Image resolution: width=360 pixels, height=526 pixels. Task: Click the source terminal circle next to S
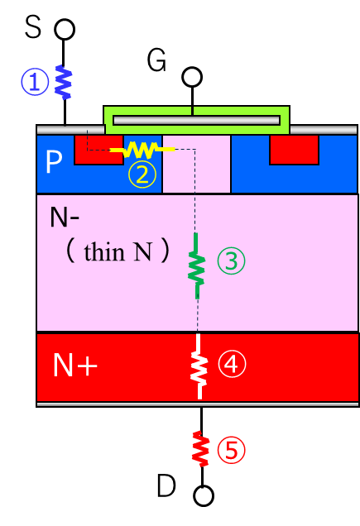pyautogui.click(x=65, y=29)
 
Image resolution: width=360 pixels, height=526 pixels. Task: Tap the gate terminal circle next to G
pyautogui.click(x=192, y=77)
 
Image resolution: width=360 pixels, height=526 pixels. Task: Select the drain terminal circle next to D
pyautogui.click(x=204, y=495)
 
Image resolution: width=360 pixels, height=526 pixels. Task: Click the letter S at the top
pyautogui.click(x=33, y=26)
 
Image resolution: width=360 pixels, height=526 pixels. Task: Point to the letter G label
pyautogui.click(x=156, y=60)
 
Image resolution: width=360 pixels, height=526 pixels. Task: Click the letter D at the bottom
pyautogui.click(x=166, y=485)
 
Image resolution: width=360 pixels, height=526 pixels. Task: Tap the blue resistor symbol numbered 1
pyautogui.click(x=63, y=82)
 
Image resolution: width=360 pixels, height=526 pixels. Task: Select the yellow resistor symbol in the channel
pyautogui.click(x=142, y=150)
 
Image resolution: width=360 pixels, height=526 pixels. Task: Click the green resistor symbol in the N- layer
pyautogui.click(x=196, y=265)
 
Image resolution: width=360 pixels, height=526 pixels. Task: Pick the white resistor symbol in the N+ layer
pyautogui.click(x=199, y=366)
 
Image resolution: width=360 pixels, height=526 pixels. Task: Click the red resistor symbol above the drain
pyautogui.click(x=201, y=448)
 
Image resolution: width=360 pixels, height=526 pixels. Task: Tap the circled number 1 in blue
pyautogui.click(x=35, y=82)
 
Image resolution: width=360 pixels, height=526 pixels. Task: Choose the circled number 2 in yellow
pyautogui.click(x=142, y=175)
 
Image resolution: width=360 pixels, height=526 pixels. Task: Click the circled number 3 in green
pyautogui.click(x=231, y=261)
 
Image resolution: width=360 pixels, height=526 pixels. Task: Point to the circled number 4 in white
pyautogui.click(x=232, y=364)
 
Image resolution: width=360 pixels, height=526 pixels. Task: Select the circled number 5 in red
pyautogui.click(x=231, y=450)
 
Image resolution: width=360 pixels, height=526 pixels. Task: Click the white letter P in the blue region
pyautogui.click(x=54, y=162)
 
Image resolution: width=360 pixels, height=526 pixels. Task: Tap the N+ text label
pyautogui.click(x=75, y=365)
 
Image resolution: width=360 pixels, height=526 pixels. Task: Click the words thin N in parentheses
pyautogui.click(x=118, y=251)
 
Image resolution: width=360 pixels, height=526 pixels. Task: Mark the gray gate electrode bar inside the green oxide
pyautogui.click(x=196, y=121)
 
